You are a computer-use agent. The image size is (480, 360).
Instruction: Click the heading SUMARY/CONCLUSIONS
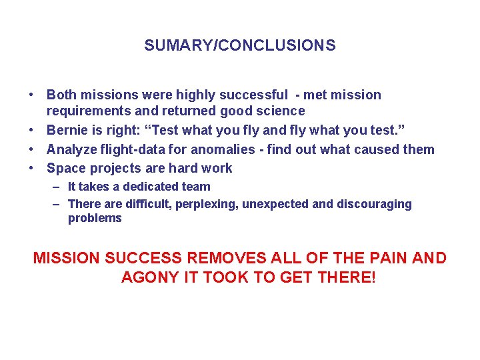click(239, 46)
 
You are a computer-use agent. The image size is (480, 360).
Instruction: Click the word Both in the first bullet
click(61, 95)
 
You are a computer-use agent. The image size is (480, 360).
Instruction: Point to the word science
click(282, 111)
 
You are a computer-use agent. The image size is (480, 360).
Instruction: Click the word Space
click(65, 168)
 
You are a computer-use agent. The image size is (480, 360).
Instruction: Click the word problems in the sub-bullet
click(95, 218)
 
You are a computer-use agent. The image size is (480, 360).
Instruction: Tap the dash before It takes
click(57, 187)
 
